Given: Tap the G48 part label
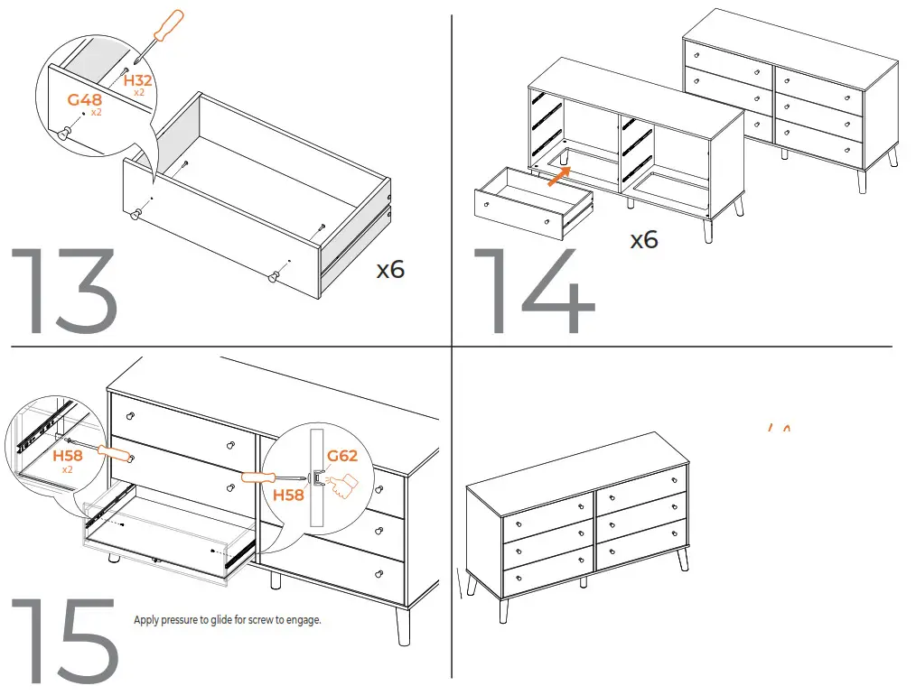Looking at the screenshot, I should pos(85,100).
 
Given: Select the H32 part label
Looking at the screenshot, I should pos(138,81).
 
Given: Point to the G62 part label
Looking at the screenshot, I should pos(342,456).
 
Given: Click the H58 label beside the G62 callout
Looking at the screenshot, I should pos(288,495).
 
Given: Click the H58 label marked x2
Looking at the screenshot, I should pos(68,456).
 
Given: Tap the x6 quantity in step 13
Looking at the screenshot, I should pos(390,269).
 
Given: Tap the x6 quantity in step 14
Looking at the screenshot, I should pos(644,240).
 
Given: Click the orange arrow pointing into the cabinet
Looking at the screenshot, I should pos(560,175).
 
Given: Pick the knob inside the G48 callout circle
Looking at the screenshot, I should pos(64,133).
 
